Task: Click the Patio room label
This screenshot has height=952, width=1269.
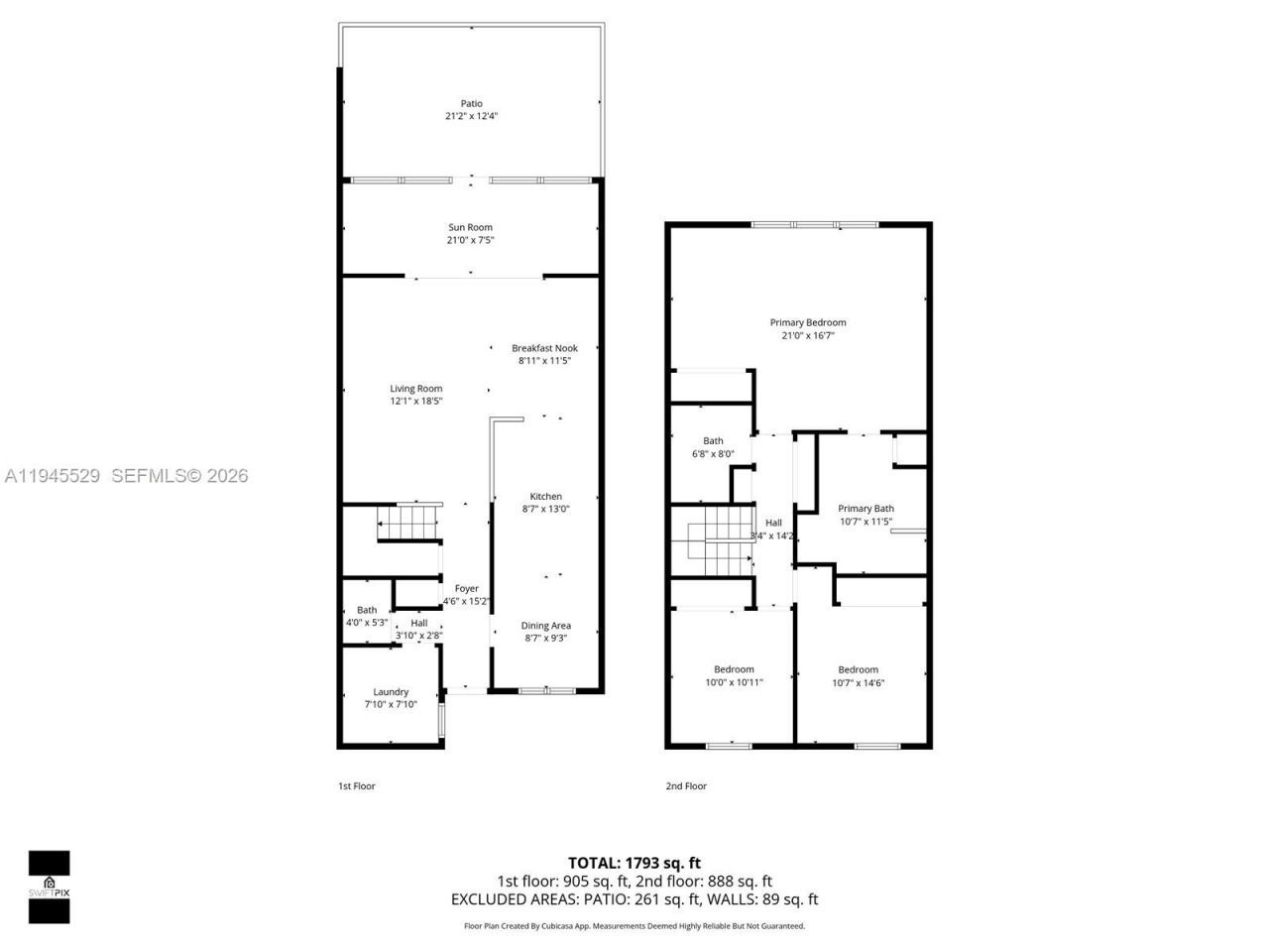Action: [471, 103]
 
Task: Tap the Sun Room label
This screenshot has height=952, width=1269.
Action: [470, 227]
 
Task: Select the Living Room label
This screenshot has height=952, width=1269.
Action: [415, 389]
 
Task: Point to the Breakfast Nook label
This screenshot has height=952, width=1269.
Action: [544, 348]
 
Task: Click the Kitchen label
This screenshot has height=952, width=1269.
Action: [545, 496]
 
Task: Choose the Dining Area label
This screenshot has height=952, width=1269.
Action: [545, 626]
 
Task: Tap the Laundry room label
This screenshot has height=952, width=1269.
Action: [391, 692]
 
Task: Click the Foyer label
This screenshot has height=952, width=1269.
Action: [466, 588]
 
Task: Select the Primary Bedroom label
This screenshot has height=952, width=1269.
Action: [808, 322]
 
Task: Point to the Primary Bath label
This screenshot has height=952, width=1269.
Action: [865, 509]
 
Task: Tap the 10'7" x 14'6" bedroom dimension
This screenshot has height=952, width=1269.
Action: [858, 682]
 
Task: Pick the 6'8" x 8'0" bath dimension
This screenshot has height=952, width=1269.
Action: [713, 454]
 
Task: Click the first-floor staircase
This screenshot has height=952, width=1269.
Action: [407, 523]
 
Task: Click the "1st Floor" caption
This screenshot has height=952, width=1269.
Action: [357, 786]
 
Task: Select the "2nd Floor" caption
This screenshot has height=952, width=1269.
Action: [686, 786]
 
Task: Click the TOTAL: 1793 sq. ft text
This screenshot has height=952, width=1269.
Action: [634, 863]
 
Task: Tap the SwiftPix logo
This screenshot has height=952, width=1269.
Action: [49, 887]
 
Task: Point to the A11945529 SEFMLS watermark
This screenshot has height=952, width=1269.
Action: [126, 476]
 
